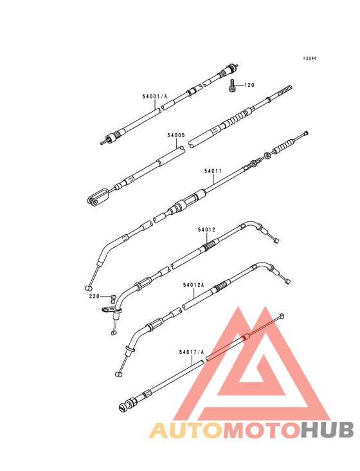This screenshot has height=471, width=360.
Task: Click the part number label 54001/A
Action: [x=154, y=97]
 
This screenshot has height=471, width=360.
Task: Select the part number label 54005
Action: [x=176, y=136]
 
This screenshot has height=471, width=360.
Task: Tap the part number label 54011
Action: [x=213, y=171]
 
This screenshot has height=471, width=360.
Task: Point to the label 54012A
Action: [x=194, y=285]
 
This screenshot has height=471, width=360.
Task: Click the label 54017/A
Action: [x=192, y=352]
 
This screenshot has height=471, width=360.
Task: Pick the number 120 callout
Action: [x=249, y=86]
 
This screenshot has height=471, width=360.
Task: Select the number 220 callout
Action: [x=94, y=297]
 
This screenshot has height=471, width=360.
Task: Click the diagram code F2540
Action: [x=310, y=59]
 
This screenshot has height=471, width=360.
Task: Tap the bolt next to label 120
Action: [x=231, y=86]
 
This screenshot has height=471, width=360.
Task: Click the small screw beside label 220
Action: [x=113, y=299]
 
